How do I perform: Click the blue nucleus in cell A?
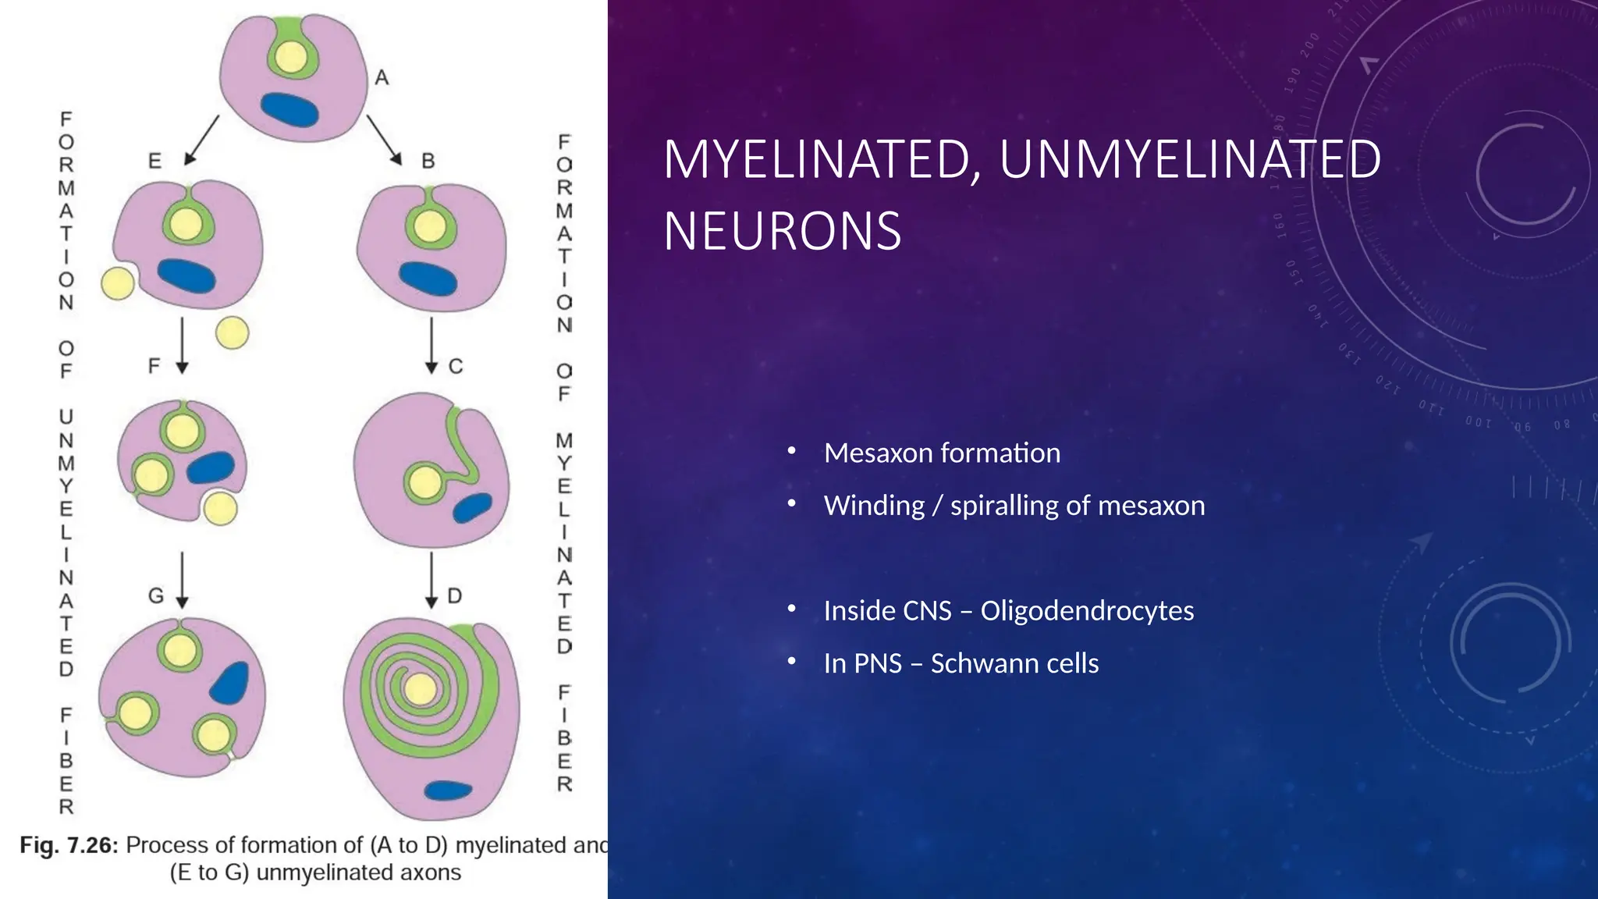289,109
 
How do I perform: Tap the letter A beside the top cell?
382,78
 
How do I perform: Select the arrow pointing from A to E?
202,140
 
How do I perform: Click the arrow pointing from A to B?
384,140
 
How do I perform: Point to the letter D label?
455,597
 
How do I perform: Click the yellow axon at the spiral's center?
421,689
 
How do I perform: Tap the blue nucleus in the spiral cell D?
448,790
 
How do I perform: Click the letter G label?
156,596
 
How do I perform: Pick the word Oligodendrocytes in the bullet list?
1086,611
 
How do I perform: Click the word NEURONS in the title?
782,232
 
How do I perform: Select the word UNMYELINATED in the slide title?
1190,159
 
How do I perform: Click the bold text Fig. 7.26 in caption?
69,845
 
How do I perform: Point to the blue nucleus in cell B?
428,279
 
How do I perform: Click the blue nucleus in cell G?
230,683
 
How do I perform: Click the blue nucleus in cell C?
473,508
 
